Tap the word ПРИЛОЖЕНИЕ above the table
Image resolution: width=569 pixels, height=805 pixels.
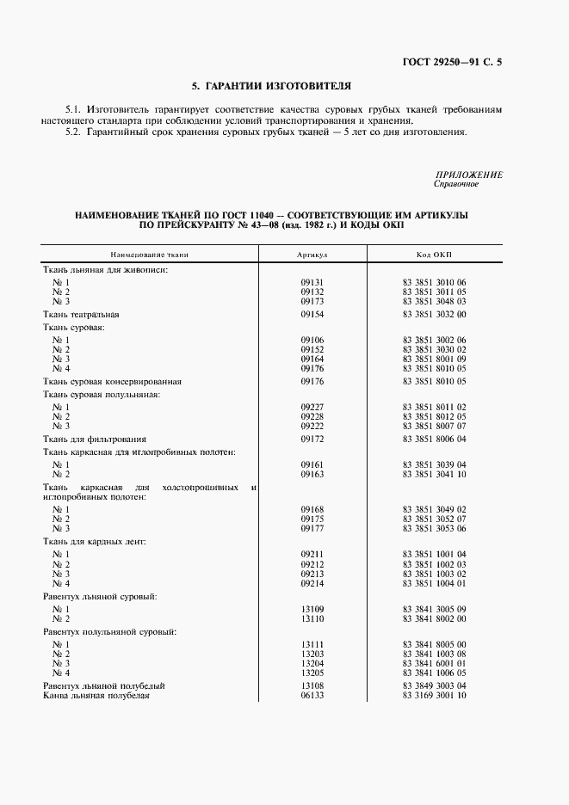(x=469, y=175)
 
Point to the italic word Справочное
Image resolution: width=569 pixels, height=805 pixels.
(x=456, y=184)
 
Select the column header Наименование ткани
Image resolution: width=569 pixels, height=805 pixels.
(x=149, y=255)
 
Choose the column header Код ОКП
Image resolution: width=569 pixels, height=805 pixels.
(x=434, y=255)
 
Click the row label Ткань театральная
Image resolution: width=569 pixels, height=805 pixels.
(x=81, y=315)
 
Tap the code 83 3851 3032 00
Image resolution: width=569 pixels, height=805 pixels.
(x=434, y=315)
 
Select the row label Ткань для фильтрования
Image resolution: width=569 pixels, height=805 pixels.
(x=95, y=439)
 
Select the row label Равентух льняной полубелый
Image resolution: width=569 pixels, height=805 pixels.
(x=104, y=685)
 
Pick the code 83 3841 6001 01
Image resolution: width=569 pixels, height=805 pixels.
(x=434, y=663)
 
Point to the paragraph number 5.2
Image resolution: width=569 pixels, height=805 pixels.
(x=72, y=132)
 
